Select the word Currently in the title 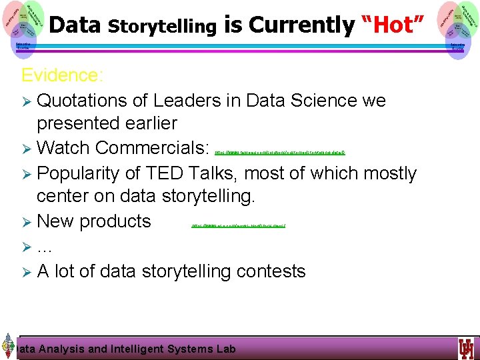(301, 25)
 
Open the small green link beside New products (238, 226)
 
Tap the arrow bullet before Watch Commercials (27, 147)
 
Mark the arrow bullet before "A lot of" (27, 272)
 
